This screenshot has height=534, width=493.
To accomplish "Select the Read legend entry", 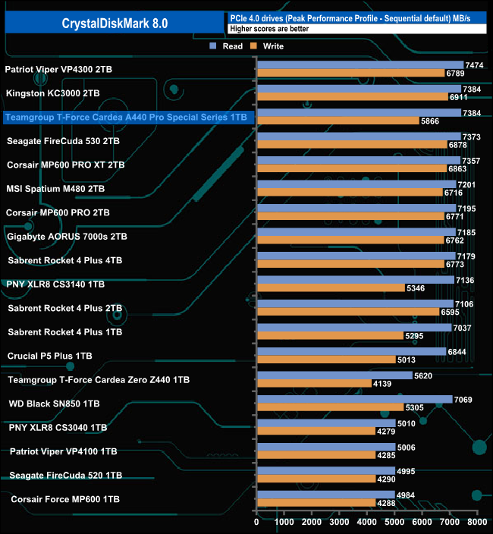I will [x=227, y=46].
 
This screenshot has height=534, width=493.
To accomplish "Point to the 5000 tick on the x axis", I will [x=394, y=522].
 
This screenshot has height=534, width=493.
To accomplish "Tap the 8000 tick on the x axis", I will [x=477, y=522].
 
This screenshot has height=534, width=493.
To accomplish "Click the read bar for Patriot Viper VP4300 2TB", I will [x=360, y=65].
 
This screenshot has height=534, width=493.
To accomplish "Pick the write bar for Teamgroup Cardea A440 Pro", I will [x=338, y=121].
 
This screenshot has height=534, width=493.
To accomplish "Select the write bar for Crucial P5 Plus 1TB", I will [x=326, y=360].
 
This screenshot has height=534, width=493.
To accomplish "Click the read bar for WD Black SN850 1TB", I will [x=354, y=399].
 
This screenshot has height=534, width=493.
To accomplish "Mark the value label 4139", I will [x=382, y=384].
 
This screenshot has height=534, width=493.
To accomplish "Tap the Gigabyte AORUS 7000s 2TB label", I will [x=67, y=237].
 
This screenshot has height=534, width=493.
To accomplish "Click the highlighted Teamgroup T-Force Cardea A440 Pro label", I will [x=126, y=118].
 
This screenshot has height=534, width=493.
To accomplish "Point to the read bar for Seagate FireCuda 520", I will [x=325, y=471].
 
